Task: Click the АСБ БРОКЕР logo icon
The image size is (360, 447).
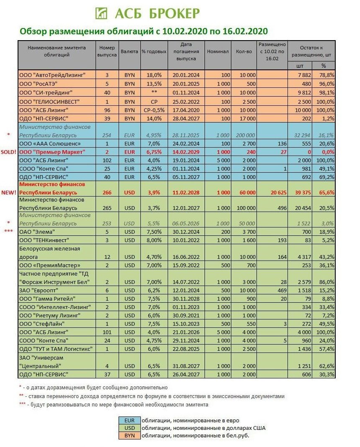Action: [101, 13]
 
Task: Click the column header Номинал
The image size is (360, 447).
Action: [218, 51]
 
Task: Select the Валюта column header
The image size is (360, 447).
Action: [129, 51]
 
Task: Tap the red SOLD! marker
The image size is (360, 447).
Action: [8, 152]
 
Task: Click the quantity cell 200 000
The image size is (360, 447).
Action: [244, 135]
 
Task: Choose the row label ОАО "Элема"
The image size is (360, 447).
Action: [37, 231]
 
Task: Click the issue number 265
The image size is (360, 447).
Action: [107, 208]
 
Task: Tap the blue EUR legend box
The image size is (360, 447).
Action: [129, 420]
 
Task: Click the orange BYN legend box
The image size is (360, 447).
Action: [129, 435]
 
